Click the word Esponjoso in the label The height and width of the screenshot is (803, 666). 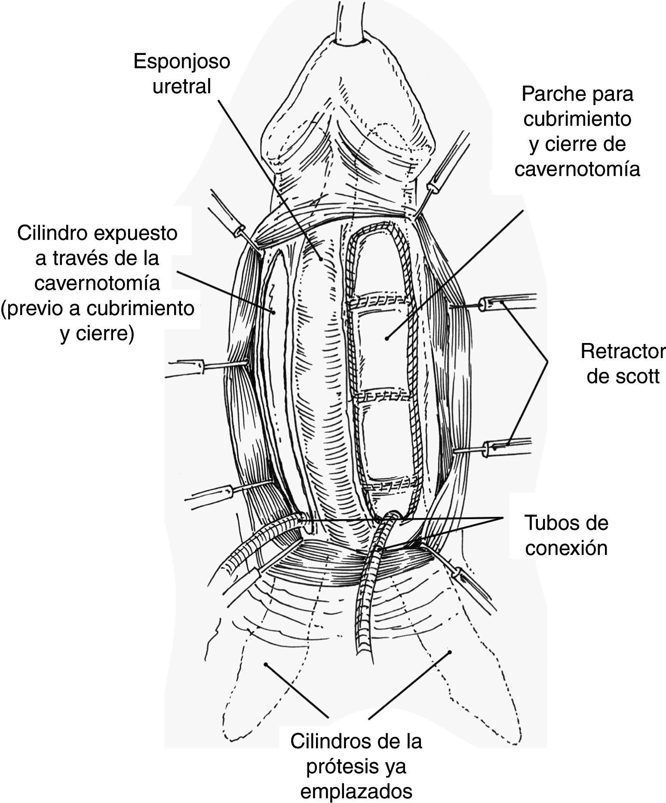181,62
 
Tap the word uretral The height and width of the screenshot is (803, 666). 181,86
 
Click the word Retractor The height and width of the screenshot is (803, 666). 622,351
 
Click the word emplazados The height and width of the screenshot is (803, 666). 356,791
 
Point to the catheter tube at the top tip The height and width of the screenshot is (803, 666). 349,21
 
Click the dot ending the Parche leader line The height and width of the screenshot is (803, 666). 387,338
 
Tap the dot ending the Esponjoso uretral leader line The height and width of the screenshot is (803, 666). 321,259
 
